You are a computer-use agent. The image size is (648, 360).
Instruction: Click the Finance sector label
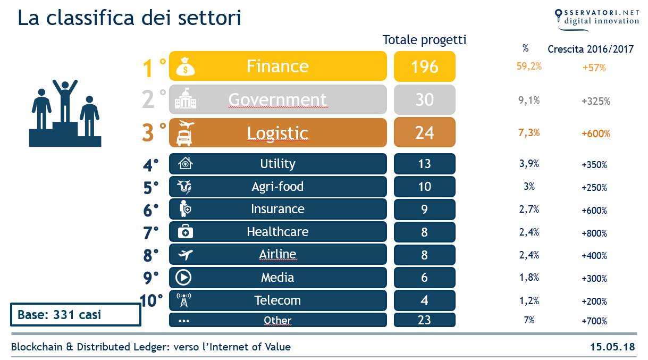coord(277,66)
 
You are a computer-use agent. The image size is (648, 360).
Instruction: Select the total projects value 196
coord(424,66)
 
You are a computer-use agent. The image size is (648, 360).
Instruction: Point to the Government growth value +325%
coord(595,101)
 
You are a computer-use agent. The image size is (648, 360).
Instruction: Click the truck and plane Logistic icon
coord(184,133)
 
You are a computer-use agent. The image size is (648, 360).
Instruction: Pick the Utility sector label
coord(277,164)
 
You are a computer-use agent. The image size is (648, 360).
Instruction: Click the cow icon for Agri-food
coord(184,187)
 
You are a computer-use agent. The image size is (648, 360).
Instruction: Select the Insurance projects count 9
coord(424,210)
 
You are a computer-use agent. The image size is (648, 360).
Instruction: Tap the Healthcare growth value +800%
coord(594,233)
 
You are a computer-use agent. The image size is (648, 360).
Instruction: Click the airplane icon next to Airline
coord(184,255)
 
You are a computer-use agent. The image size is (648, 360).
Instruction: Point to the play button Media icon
coord(184,278)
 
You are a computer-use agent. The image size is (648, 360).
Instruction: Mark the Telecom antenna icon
coord(184,300)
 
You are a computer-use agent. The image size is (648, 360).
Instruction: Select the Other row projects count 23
coord(424,320)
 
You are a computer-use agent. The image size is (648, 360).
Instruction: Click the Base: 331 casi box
coord(75,315)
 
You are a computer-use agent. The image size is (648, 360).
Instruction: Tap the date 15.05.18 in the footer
coord(612,347)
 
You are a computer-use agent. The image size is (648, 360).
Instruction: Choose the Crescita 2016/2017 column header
coord(591,49)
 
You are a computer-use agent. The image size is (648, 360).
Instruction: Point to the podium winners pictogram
coord(65,113)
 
